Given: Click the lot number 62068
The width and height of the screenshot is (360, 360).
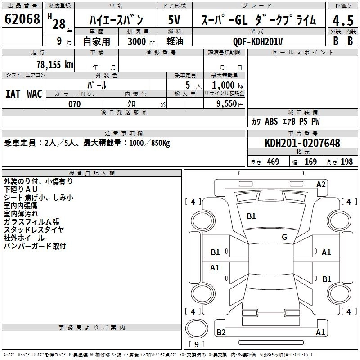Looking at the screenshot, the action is pyautogui.click(x=22, y=20).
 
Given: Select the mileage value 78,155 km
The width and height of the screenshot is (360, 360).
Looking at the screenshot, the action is pyautogui.click(x=54, y=64).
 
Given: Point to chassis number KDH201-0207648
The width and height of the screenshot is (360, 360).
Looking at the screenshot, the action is pyautogui.click(x=302, y=143).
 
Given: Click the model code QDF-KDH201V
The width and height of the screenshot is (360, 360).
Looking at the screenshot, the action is pyautogui.click(x=258, y=41).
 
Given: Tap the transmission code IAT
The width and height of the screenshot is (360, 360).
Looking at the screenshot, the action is pyautogui.click(x=13, y=94).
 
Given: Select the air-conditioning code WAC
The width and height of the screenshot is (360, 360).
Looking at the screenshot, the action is pyautogui.click(x=35, y=94).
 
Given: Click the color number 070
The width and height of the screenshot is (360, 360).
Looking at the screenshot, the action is pyautogui.click(x=74, y=104).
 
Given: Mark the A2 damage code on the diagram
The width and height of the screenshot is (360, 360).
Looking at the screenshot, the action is pyautogui.click(x=321, y=184).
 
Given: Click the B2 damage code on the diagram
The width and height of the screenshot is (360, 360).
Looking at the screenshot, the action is pyautogui.click(x=221, y=333).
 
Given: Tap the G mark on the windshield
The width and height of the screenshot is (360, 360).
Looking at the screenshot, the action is pyautogui.click(x=284, y=237).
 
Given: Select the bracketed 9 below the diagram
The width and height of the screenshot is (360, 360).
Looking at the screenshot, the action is pyautogui.click(x=196, y=344).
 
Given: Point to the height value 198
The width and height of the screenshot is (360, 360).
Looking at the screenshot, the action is pyautogui.click(x=346, y=162).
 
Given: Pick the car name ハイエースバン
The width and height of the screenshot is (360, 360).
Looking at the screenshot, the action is pyautogui.click(x=116, y=20).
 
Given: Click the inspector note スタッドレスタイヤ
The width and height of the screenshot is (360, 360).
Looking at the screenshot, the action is pyautogui.click(x=34, y=229).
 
